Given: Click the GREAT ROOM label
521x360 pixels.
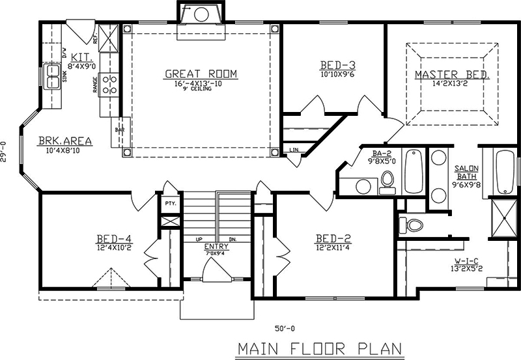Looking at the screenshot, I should [201, 74].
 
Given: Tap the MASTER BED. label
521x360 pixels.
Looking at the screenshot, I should [451, 75].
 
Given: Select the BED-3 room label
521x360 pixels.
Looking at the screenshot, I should [337, 65].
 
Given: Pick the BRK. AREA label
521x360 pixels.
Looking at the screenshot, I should [64, 140].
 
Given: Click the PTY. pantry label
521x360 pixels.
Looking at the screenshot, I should [171, 203].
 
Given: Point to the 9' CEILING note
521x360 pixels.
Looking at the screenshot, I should [201, 89].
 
